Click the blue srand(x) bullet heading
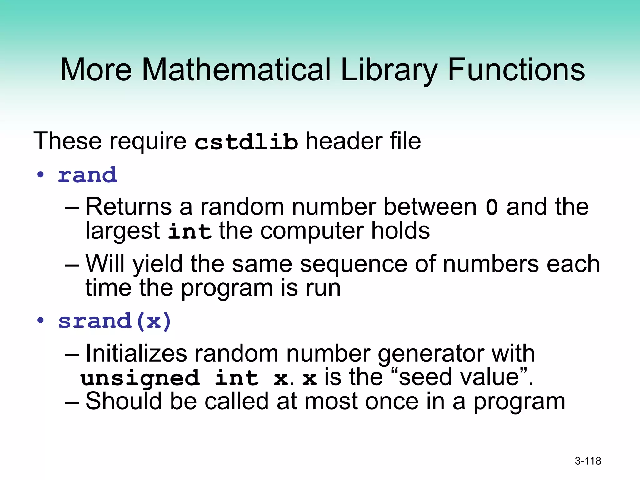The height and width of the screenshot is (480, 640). coord(115,321)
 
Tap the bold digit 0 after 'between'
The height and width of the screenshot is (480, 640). coord(492,207)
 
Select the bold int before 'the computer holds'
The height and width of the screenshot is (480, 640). coord(189,232)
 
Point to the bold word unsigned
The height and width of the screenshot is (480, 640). coord(140,378)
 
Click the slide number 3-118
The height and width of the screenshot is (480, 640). coord(588,461)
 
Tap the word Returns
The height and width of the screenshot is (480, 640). coord(128,207)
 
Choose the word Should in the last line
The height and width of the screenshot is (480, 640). coord(124,401)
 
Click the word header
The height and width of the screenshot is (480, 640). coord(343,141)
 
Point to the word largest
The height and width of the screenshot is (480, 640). coord(123,232)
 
